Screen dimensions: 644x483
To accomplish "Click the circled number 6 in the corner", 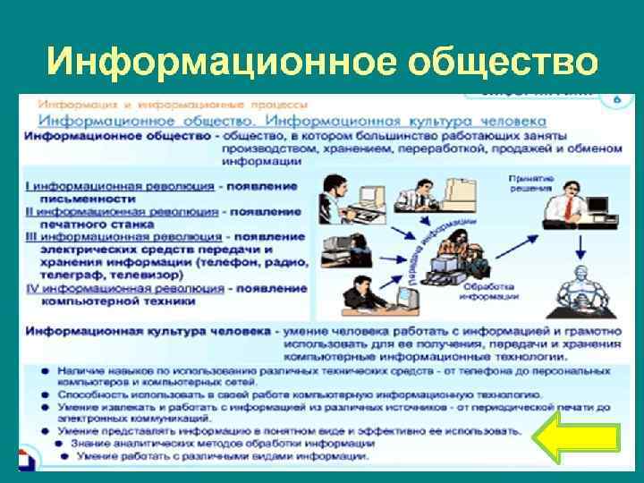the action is click(614, 98).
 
